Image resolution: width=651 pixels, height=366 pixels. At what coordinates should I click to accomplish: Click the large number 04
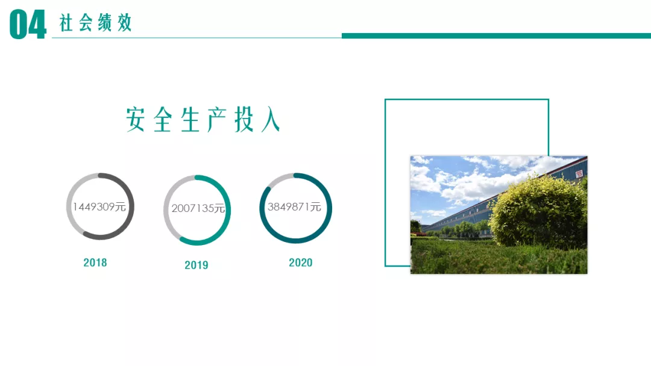coord(28,25)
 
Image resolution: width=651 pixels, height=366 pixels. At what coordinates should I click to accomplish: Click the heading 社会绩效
coord(95,23)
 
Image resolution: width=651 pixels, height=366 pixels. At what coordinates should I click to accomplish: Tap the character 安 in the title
coord(136,119)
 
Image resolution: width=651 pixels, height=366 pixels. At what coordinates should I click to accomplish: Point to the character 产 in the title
coord(216,119)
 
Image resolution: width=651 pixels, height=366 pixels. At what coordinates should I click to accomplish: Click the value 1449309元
coord(99,206)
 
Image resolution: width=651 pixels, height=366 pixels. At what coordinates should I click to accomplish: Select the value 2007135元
coord(198,208)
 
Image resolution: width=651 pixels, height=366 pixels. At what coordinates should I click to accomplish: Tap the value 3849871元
coord(294,206)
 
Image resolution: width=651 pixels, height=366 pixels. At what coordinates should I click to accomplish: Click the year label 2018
coord(95,262)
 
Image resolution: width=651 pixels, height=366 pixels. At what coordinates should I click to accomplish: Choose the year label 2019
coord(197,265)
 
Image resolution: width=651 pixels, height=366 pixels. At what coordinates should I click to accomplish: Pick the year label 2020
coord(301,262)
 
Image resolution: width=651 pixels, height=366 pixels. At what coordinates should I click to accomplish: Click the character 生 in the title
coord(190,119)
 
